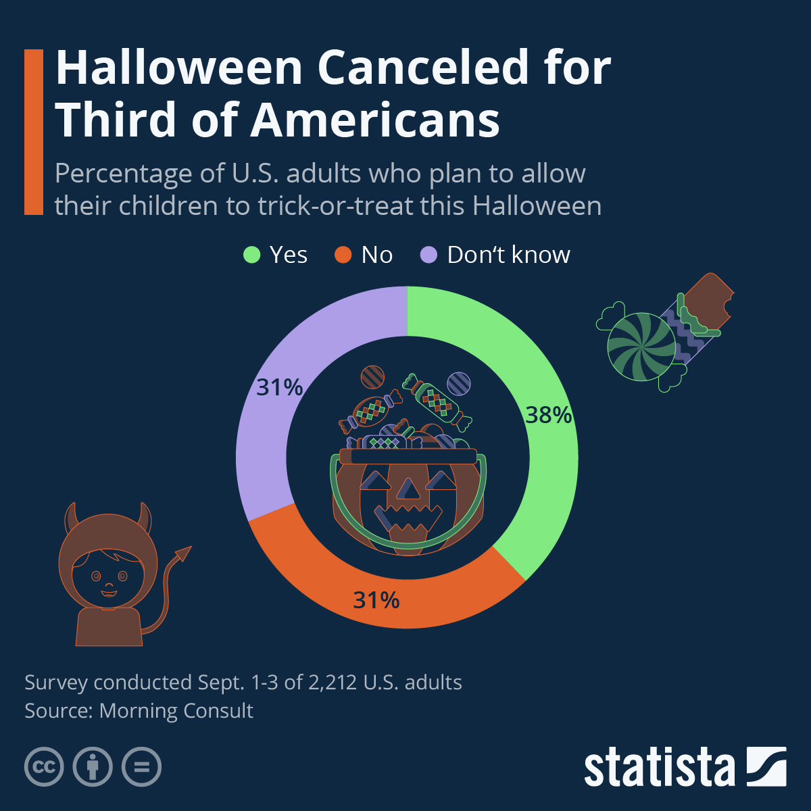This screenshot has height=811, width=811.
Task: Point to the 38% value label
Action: coord(549,415)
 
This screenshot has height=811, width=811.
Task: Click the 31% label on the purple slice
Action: coord(279,387)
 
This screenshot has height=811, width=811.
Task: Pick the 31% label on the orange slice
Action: coord(376,599)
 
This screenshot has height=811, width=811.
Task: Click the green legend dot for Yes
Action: coord(251,255)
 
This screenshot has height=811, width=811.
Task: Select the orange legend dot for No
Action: coord(343,255)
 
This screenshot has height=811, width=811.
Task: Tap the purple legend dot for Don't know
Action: coord(429,255)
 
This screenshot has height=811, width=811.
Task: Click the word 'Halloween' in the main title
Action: coord(178,68)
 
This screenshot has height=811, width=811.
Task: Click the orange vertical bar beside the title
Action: coord(34,132)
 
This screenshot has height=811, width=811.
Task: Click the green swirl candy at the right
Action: coord(641,346)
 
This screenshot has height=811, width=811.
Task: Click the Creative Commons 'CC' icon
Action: coord(44,767)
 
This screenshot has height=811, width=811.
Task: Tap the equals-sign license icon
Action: coord(142,767)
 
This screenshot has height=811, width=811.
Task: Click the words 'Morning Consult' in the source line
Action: coord(176,711)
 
